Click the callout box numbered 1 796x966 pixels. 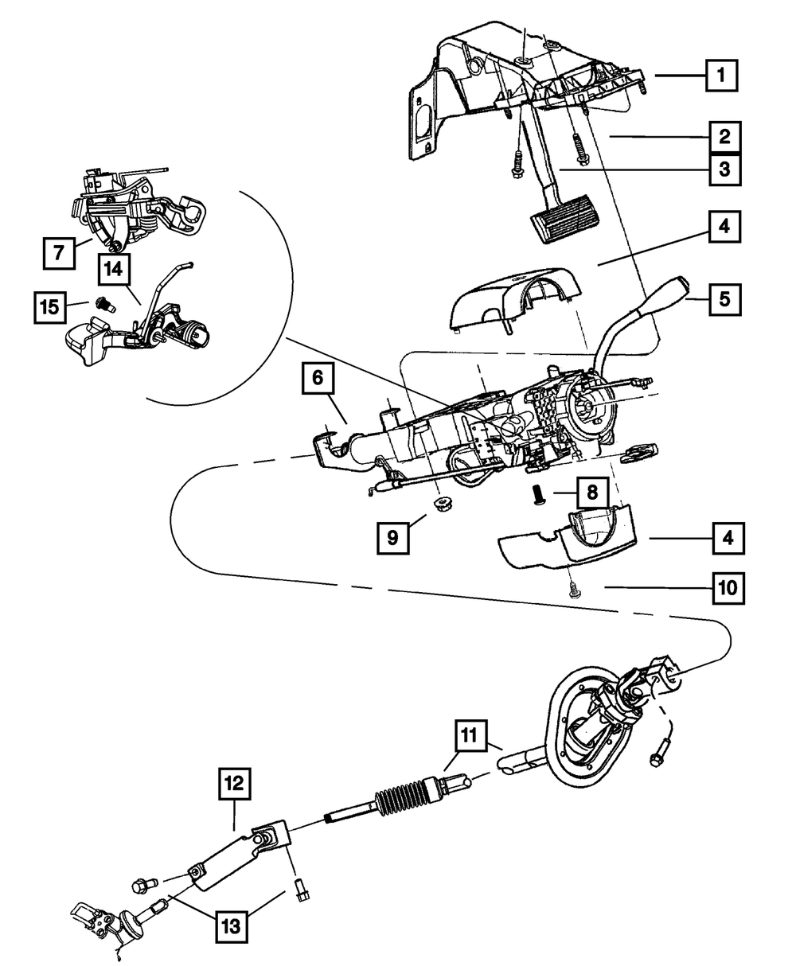pyautogui.click(x=720, y=76)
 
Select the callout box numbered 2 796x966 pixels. pyautogui.click(x=724, y=137)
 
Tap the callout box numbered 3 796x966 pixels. pyautogui.click(x=724, y=169)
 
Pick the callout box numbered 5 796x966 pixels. pyautogui.click(x=724, y=300)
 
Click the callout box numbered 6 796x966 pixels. pyautogui.click(x=317, y=380)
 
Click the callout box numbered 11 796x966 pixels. pyautogui.click(x=470, y=734)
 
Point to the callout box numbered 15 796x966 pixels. pyautogui.click(x=50, y=307)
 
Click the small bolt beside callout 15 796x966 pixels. pyautogui.click(x=101, y=304)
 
